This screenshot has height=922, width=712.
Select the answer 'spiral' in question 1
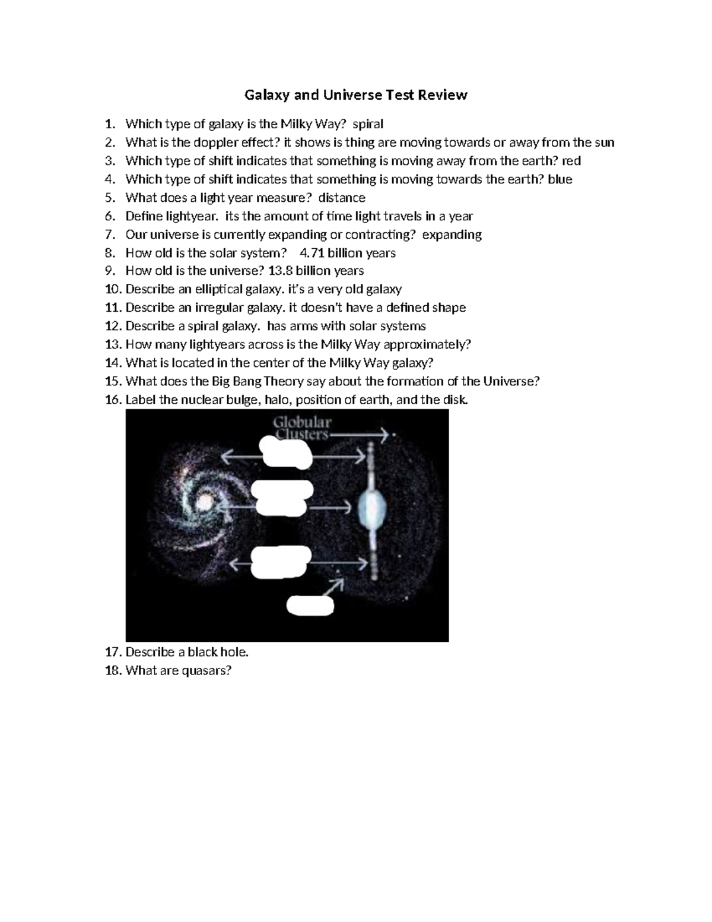tap(368, 124)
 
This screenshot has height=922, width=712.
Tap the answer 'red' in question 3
tap(571, 161)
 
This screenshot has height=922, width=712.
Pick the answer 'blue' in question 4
tap(560, 179)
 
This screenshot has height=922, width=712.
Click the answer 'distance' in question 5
tap(342, 198)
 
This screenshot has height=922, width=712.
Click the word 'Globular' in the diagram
tap(302, 423)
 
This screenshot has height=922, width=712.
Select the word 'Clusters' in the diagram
tap(301, 435)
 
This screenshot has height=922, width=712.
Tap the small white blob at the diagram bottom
tap(310, 605)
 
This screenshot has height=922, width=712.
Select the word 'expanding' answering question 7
tap(452, 235)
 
